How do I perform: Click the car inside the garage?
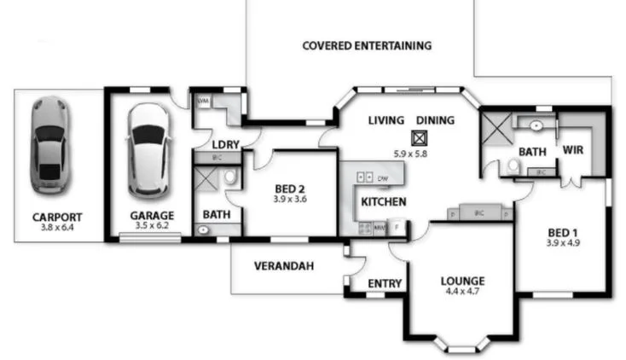coord(147,149)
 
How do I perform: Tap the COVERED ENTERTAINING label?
coord(367,46)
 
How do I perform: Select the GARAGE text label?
coord(151,216)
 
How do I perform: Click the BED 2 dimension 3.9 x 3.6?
coord(290,198)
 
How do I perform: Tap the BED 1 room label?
coord(562,233)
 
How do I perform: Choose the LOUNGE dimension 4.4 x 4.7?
coord(462,291)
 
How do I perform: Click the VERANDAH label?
coord(284,266)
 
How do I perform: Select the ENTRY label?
coord(385,283)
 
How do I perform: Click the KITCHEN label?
coord(383,202)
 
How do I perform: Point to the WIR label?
coord(572,150)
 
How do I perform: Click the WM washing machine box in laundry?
coord(203,101)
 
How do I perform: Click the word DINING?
coord(435,120)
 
